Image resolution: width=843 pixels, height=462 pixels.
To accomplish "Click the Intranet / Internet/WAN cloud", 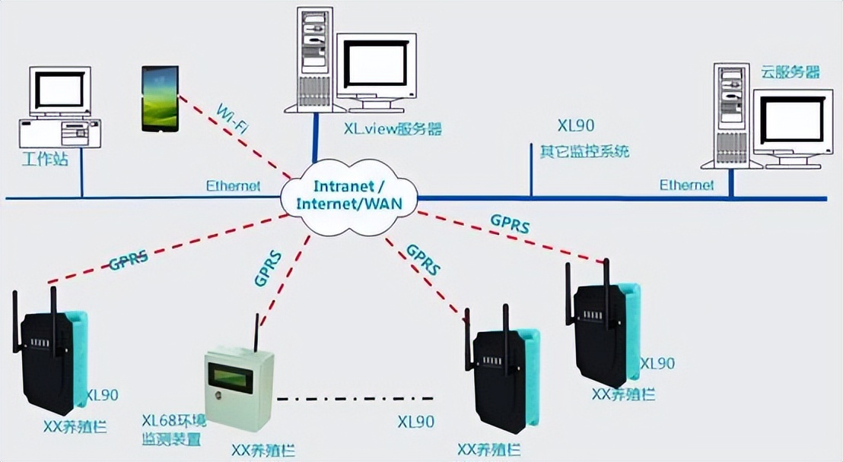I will coord(349,195).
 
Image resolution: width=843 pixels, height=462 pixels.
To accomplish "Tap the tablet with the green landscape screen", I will coord(160,98).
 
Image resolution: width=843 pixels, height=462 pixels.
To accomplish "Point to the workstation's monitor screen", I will coord(59,90).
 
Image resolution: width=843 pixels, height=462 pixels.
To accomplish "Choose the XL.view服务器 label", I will coord(393,128).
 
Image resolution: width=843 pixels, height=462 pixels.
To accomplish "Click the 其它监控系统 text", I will coord(584,150).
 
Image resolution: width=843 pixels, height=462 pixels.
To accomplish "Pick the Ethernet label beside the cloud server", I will coord(686,185).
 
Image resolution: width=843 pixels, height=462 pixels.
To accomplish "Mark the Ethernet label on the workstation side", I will coord(233,185).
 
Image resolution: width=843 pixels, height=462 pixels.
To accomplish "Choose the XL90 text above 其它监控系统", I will coord(576,126).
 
